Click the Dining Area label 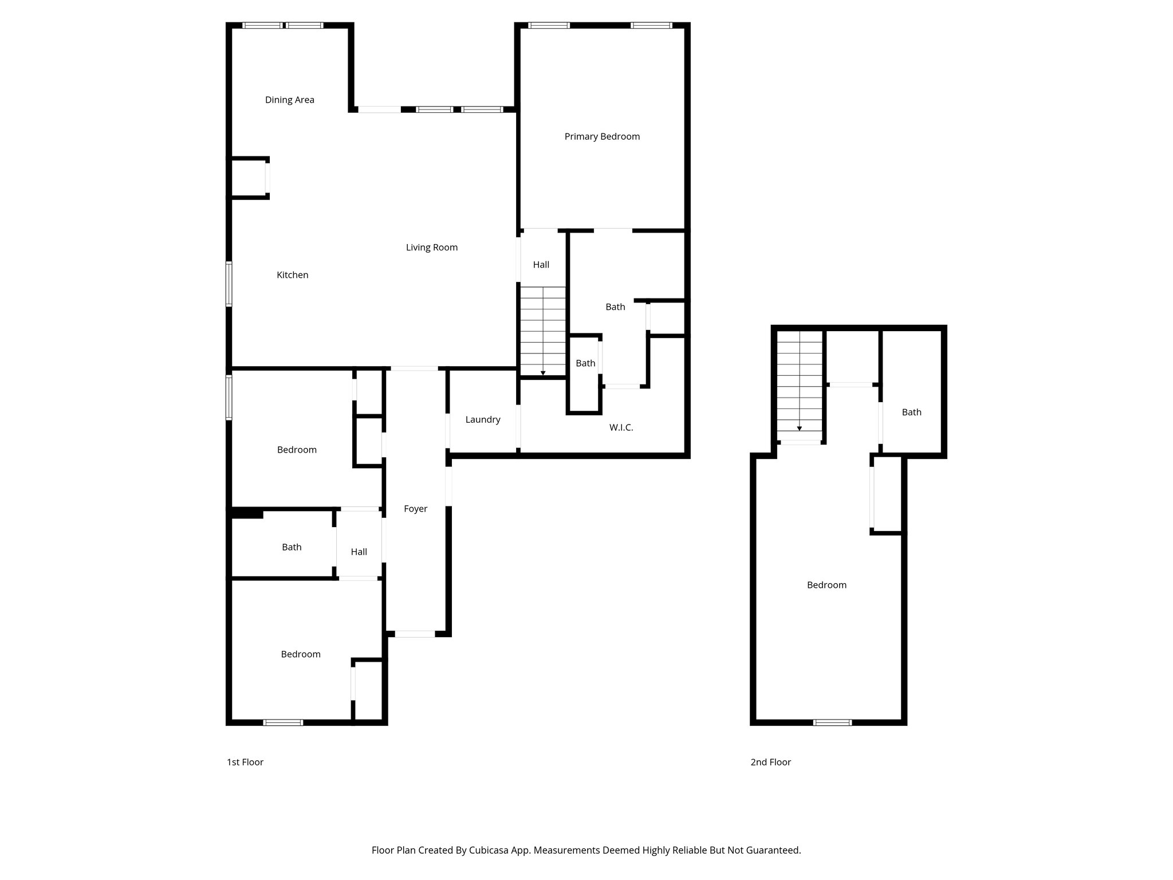(289, 100)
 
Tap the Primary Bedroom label (602, 136)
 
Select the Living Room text (431, 247)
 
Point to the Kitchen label (292, 275)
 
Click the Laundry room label (482, 419)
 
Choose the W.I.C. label (621, 427)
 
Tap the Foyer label (415, 509)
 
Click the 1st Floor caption (245, 762)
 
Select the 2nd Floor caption (770, 762)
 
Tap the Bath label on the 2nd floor (911, 412)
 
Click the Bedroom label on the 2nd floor (826, 585)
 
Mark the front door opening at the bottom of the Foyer (415, 634)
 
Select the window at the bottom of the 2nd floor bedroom (832, 722)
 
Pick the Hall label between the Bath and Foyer (359, 552)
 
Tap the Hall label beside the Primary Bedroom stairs (541, 265)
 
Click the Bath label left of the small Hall (291, 547)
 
